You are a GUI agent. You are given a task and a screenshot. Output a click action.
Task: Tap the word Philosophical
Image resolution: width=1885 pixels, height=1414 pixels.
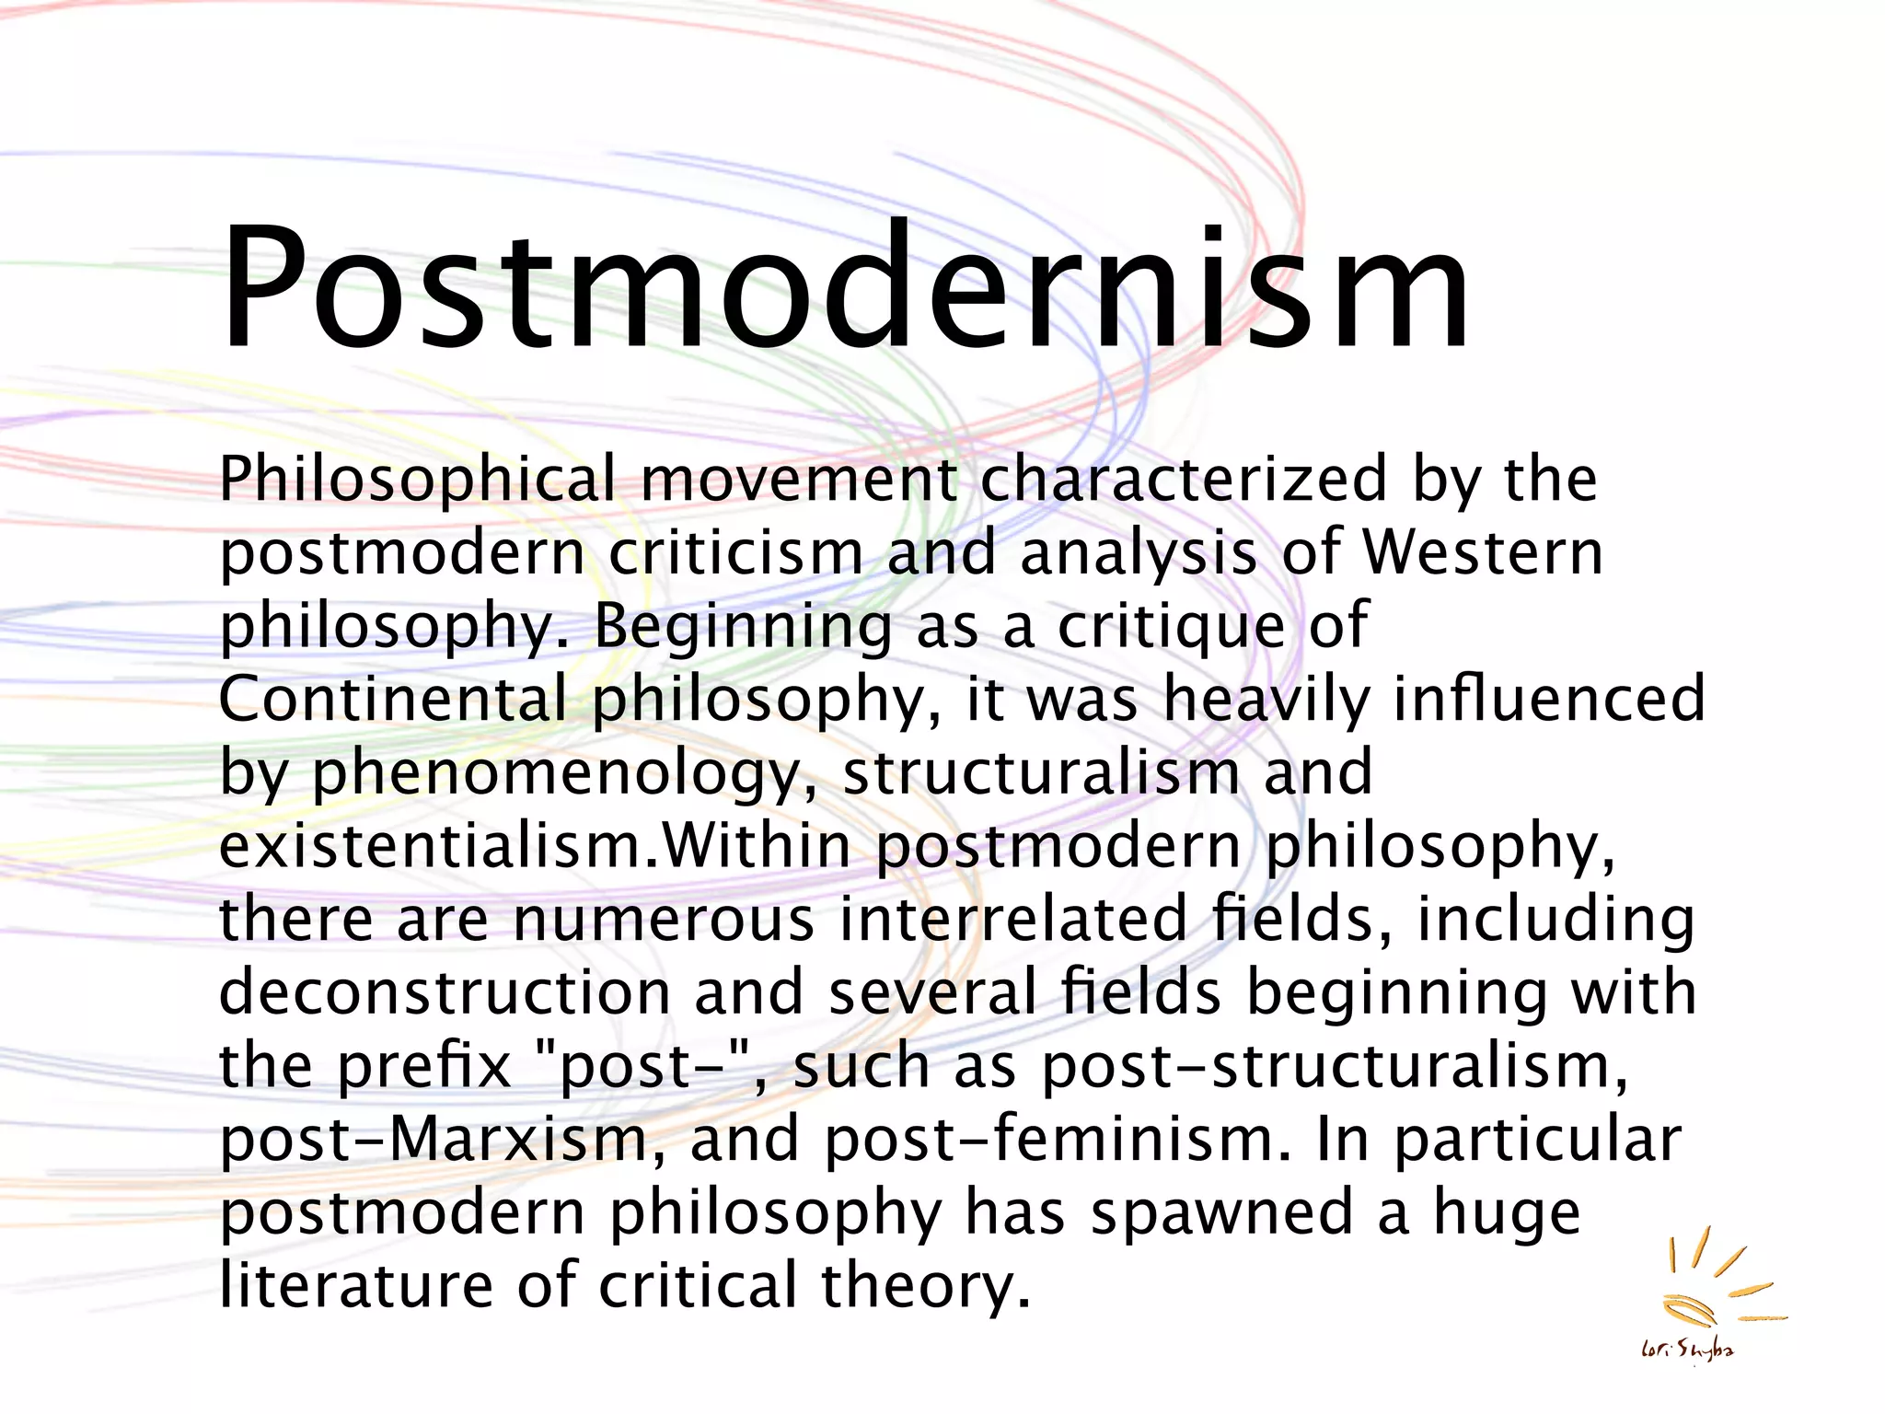(417, 480)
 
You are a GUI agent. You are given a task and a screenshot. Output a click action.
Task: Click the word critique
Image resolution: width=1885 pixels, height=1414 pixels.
(1171, 626)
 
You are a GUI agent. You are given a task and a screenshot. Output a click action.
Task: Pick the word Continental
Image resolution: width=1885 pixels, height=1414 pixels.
(393, 699)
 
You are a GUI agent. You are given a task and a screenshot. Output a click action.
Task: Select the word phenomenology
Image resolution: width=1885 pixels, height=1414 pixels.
(558, 773)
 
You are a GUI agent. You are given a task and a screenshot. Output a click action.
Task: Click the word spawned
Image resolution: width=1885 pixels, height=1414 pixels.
(1221, 1213)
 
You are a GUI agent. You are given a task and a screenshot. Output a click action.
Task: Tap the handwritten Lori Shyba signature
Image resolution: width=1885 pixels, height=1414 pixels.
(1688, 1351)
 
